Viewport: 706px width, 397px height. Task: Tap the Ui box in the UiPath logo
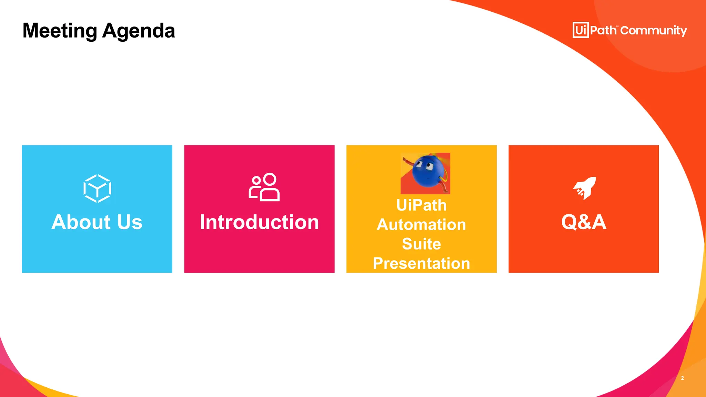(x=581, y=30)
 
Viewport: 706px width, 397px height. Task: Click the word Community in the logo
(x=654, y=31)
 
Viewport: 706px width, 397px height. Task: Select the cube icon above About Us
(x=97, y=188)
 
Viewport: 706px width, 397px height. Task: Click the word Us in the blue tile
(x=130, y=222)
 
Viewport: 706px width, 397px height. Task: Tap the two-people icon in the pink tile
(x=264, y=187)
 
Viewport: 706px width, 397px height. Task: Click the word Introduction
(x=259, y=222)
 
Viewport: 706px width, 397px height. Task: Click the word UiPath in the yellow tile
(x=421, y=205)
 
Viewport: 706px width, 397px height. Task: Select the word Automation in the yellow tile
(x=421, y=225)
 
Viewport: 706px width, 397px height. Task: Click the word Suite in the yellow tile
(x=421, y=244)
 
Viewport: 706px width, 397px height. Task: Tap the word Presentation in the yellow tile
(x=421, y=264)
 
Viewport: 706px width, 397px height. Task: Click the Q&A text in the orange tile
(x=584, y=222)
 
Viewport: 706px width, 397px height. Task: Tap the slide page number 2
(x=682, y=378)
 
